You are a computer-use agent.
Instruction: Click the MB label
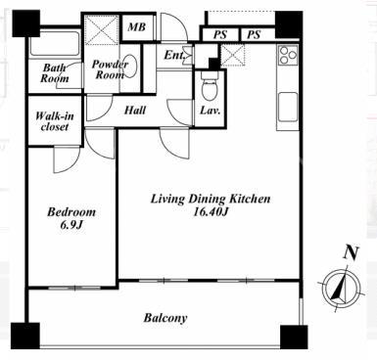pyautogui.click(x=137, y=26)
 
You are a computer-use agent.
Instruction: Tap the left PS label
pyautogui.click(x=220, y=34)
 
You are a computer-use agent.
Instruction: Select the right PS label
pyautogui.click(x=254, y=34)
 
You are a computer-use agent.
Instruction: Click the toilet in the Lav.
pyautogui.click(x=209, y=86)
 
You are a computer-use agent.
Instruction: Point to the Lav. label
pyautogui.click(x=210, y=111)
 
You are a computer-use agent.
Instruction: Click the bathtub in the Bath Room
pyautogui.click(x=55, y=44)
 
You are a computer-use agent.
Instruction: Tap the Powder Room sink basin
pyautogui.click(x=130, y=66)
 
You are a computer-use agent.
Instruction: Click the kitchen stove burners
pyautogui.click(x=288, y=55)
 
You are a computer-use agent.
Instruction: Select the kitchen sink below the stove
pyautogui.click(x=288, y=107)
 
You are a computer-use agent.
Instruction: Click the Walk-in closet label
pyautogui.click(x=55, y=121)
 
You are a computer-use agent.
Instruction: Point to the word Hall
pyautogui.click(x=135, y=111)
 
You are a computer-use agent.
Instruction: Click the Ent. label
pyautogui.click(x=174, y=55)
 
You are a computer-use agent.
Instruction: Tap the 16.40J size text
pyautogui.click(x=211, y=211)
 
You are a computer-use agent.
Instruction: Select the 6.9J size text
pyautogui.click(x=71, y=225)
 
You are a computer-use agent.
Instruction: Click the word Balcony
pyautogui.click(x=165, y=318)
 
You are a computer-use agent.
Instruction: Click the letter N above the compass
pyautogui.click(x=352, y=252)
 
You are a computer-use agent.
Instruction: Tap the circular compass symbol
pyautogui.click(x=341, y=288)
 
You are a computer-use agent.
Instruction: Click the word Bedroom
pyautogui.click(x=71, y=212)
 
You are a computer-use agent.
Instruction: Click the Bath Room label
pyautogui.click(x=55, y=73)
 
